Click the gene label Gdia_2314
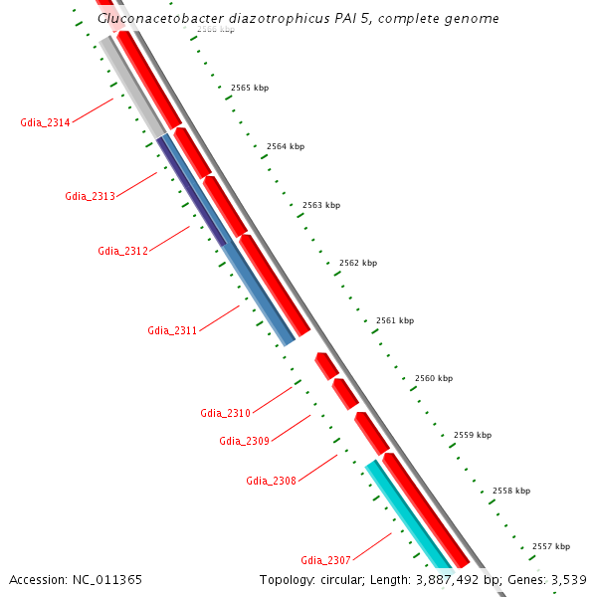pyautogui.click(x=45, y=122)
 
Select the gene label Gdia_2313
pyautogui.click(x=91, y=196)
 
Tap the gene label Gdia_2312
pyautogui.click(x=122, y=251)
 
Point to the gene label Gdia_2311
pyautogui.click(x=172, y=330)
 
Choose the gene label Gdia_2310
pyautogui.click(x=225, y=413)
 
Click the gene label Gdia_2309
pyautogui.click(x=244, y=441)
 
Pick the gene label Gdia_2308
pyautogui.click(x=271, y=481)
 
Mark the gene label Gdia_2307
pyautogui.click(x=325, y=560)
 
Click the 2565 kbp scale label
pyautogui.click(x=249, y=88)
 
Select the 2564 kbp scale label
pyautogui.click(x=286, y=146)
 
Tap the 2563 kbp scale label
pyautogui.click(x=321, y=205)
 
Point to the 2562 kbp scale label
pyautogui.click(x=358, y=263)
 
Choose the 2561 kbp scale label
pyautogui.click(x=395, y=320)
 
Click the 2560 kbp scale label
pyautogui.click(x=434, y=378)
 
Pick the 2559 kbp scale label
pyautogui.click(x=473, y=435)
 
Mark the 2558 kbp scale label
pyautogui.click(x=511, y=491)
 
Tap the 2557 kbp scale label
pyautogui.click(x=551, y=546)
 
